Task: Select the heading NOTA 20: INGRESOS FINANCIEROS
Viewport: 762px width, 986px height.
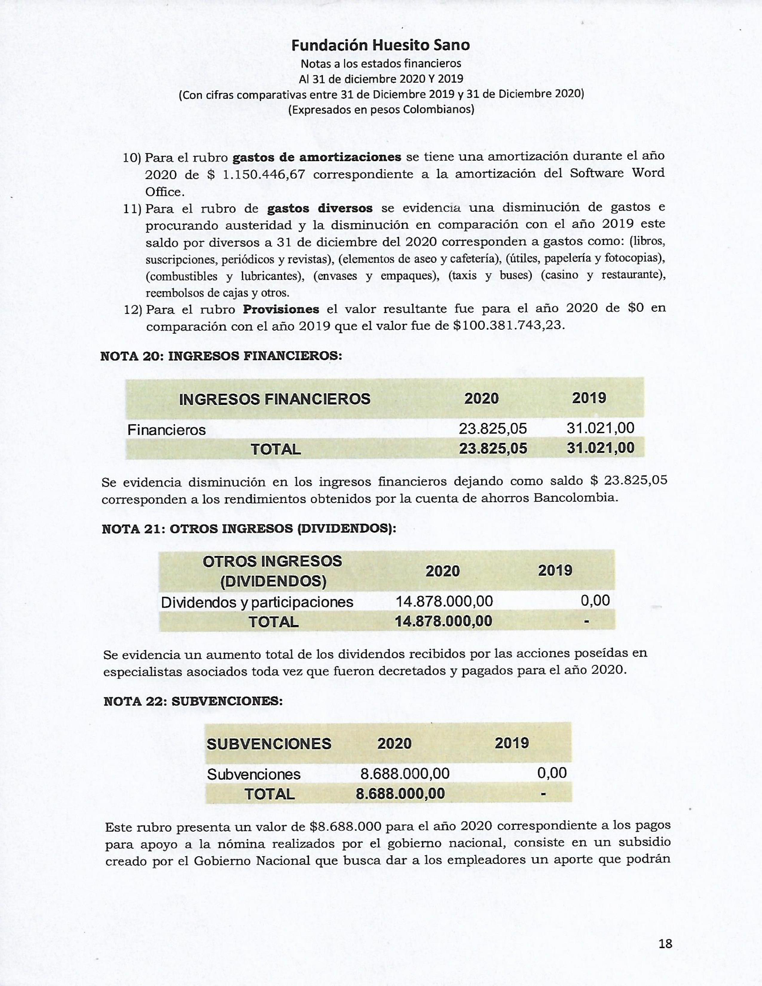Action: [x=221, y=356]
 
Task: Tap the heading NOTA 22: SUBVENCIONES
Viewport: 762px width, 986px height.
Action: [x=193, y=701]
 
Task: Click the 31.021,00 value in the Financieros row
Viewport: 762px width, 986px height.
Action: [x=600, y=428]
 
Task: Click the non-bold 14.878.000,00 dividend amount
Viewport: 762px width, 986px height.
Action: [x=444, y=601]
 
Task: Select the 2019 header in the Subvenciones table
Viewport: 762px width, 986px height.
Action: [x=512, y=743]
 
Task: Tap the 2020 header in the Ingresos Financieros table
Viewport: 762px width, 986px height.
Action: [x=482, y=399]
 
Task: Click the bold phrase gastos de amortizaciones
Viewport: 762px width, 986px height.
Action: [x=316, y=157]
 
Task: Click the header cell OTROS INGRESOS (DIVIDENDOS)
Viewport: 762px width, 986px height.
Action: [x=273, y=571]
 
